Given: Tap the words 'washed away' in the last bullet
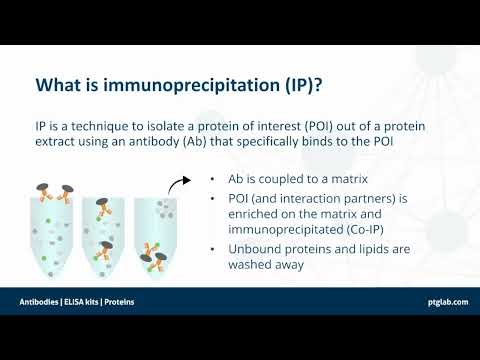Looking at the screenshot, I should [x=270, y=265].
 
